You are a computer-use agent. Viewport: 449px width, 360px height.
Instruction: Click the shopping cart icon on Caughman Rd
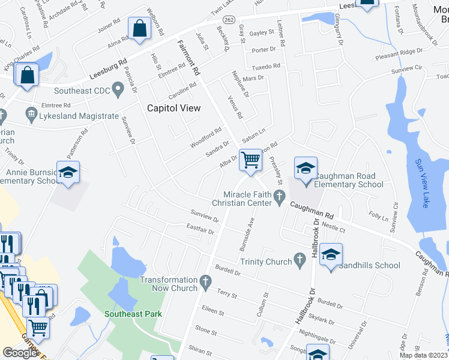tap(250, 160)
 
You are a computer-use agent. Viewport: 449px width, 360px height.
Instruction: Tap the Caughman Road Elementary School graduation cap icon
tap(306, 168)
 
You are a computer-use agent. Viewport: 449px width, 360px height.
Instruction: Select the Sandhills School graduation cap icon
tap(331, 254)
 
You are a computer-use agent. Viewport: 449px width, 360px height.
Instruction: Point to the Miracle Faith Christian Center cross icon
tap(279, 197)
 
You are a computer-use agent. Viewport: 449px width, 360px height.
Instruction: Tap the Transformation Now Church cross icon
tap(205, 281)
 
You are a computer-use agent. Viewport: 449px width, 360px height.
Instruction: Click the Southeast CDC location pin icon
tap(118, 91)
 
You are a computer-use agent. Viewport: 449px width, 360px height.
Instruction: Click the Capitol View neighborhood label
tap(174, 108)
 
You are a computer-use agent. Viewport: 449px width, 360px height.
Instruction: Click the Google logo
tap(20, 353)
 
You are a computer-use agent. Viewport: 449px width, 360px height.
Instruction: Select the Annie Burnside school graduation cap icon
tap(68, 172)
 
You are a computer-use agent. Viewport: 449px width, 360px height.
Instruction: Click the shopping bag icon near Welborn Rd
tap(139, 28)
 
